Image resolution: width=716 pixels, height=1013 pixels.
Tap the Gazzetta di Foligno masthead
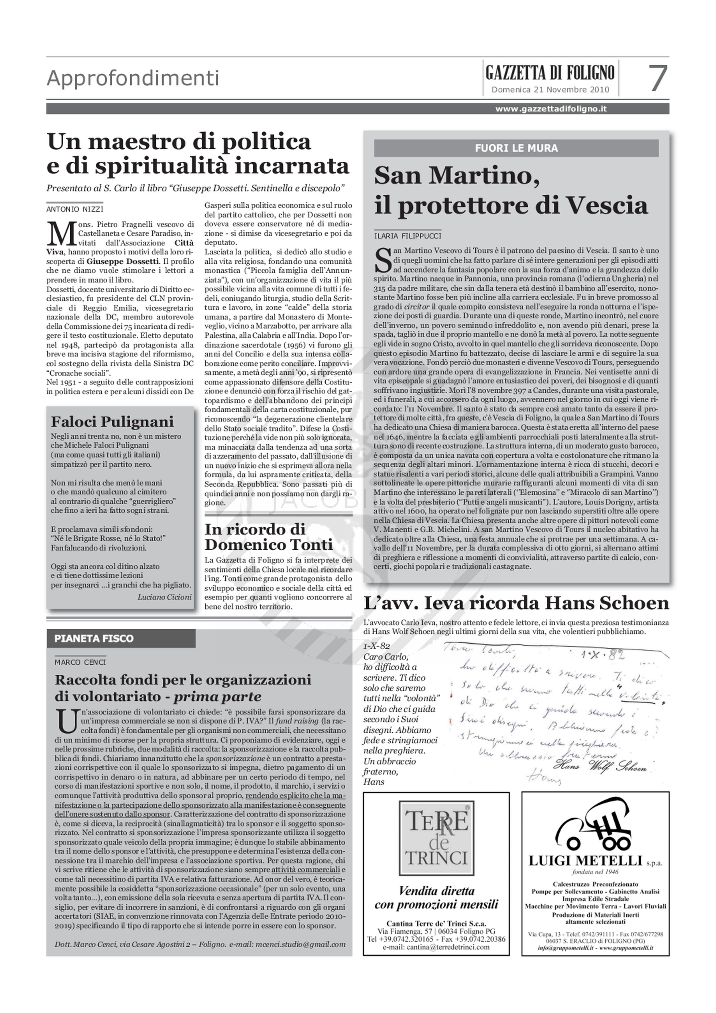[550, 72]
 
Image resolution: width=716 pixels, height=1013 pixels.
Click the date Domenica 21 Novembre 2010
[550, 90]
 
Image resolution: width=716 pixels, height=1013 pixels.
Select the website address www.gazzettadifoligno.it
[551, 109]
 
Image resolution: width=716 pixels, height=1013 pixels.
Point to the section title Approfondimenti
[133, 79]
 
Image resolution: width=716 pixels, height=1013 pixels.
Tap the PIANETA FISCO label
[94, 638]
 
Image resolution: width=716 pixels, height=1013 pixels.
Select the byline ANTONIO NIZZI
[75, 209]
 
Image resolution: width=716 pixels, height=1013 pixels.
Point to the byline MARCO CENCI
[80, 662]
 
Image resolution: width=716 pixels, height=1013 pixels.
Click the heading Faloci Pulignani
[113, 422]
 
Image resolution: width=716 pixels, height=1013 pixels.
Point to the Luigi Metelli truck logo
[595, 824]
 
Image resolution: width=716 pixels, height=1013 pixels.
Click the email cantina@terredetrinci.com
[436, 947]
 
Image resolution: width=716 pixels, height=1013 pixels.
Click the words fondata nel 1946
[595, 871]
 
